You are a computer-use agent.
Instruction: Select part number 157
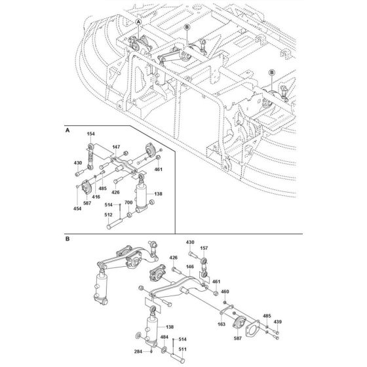pyautogui.click(x=204, y=248)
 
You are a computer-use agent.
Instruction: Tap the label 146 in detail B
pyautogui.click(x=189, y=268)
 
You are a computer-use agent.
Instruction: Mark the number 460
pyautogui.click(x=224, y=291)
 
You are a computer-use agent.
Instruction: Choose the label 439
pyautogui.click(x=277, y=322)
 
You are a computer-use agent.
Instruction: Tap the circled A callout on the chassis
pyautogui.click(x=138, y=22)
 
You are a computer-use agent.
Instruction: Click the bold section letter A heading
pyautogui.click(x=68, y=130)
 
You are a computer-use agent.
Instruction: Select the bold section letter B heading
pyautogui.click(x=68, y=239)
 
